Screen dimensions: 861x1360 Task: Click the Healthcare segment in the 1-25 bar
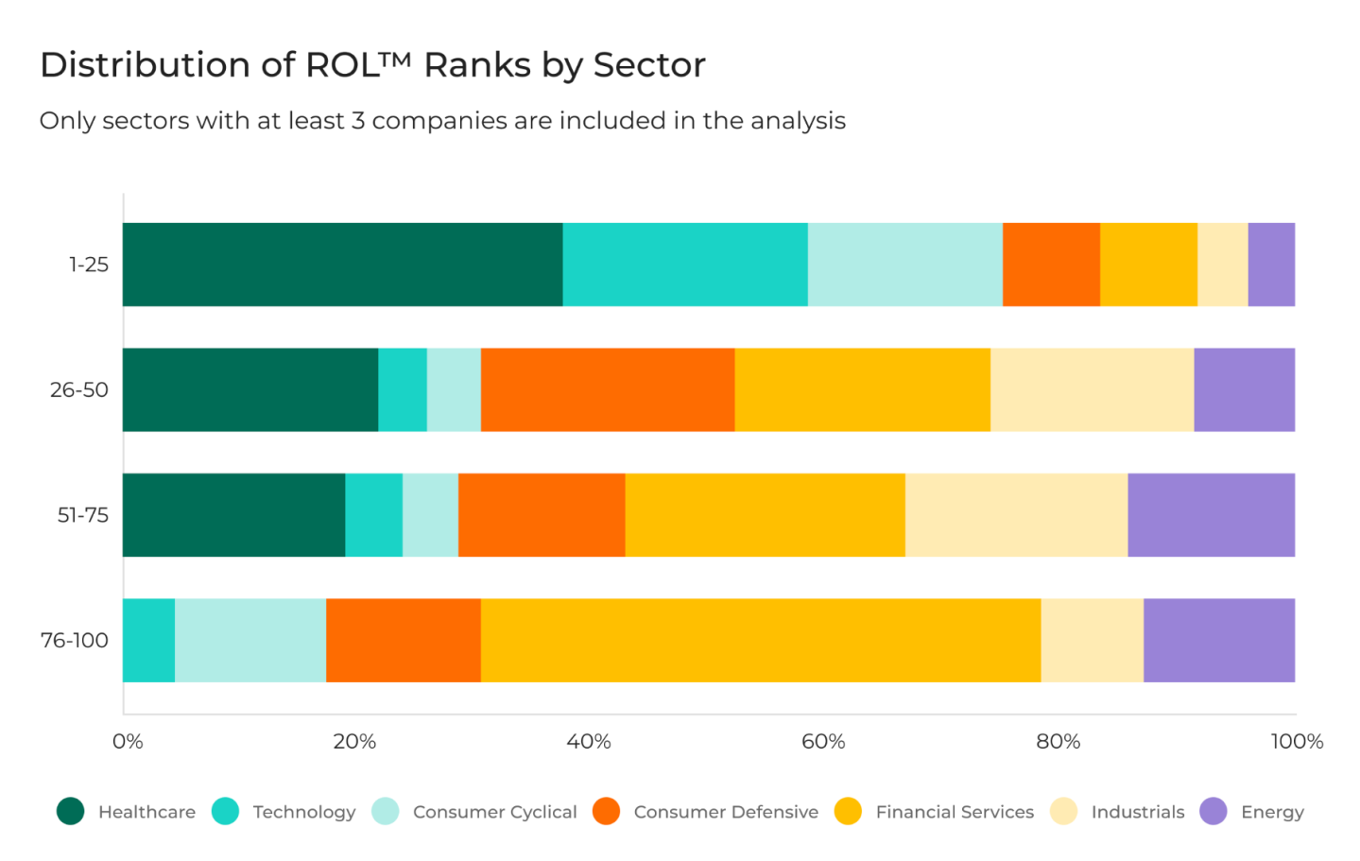point(342,265)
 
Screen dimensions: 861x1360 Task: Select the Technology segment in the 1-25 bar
point(685,265)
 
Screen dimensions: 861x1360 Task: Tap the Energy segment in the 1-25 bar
point(1271,265)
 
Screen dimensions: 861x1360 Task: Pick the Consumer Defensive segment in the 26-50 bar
point(608,389)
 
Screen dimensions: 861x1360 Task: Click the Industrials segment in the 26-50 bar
point(1092,389)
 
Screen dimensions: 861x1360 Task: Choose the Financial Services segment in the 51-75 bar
point(765,515)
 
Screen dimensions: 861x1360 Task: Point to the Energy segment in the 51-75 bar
point(1211,515)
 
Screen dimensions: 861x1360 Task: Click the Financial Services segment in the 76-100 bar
point(761,640)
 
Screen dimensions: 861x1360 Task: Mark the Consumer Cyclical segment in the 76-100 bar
point(250,640)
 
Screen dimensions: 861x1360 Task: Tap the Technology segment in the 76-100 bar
point(148,640)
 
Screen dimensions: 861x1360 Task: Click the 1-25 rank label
point(89,265)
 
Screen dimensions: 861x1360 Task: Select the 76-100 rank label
point(75,640)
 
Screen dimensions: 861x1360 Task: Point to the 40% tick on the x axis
point(589,742)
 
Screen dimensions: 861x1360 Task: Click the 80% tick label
point(1058,742)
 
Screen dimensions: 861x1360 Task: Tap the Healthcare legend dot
point(71,811)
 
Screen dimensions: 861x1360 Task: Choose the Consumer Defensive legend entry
point(725,812)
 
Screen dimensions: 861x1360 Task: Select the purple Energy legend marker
point(1214,811)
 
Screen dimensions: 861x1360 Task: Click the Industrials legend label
point(1137,812)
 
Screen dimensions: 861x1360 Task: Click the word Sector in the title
point(649,65)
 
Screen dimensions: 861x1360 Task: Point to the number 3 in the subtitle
point(358,121)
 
